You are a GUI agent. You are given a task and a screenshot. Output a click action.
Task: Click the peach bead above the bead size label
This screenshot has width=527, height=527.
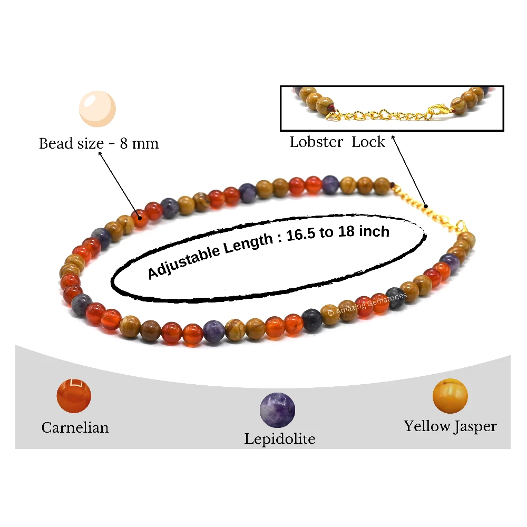coord(97,109)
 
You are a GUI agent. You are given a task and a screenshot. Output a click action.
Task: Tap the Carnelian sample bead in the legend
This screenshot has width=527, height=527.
coord(74,396)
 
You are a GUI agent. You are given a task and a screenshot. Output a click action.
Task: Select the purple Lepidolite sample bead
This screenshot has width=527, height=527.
coord(277,410)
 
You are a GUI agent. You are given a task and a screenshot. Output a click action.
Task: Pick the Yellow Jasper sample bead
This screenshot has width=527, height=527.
coord(450,396)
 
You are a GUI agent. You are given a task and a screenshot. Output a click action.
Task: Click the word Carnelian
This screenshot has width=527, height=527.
coord(75,427)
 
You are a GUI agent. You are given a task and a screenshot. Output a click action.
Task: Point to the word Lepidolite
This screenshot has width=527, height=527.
coord(280,439)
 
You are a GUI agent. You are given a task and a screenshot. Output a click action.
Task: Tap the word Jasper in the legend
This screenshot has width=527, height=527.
coord(475,427)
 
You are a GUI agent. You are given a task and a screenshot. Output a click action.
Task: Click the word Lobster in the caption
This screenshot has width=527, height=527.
coord(316,142)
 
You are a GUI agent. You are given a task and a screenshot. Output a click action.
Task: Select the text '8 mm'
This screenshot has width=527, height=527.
coord(139,143)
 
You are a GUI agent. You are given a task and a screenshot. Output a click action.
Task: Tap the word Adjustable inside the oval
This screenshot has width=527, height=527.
coord(183,262)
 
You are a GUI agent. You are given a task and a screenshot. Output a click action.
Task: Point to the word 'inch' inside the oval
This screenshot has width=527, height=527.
coord(374,231)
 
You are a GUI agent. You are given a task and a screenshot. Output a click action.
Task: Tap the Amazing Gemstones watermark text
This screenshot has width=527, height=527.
coord(367,304)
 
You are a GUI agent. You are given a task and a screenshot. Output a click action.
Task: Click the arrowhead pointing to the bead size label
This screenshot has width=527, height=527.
coord(100,153)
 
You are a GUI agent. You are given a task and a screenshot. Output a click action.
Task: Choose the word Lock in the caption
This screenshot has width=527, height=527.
coord(368,142)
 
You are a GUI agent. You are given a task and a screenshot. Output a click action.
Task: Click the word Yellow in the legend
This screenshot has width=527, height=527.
coord(427,426)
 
